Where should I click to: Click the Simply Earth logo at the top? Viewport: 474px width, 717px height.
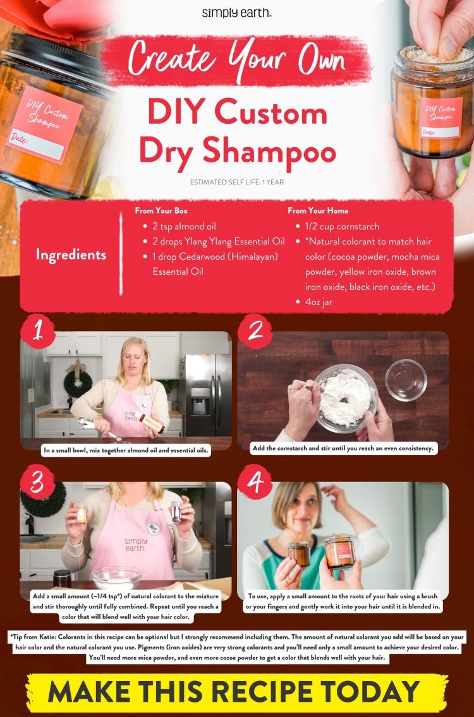[x=236, y=13]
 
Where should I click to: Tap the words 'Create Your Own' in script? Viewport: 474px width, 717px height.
[x=236, y=61]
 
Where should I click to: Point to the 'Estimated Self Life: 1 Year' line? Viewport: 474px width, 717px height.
[x=236, y=183]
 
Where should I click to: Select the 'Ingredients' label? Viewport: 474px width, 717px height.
[x=71, y=255]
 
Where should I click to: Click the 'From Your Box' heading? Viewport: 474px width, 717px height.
[x=161, y=210]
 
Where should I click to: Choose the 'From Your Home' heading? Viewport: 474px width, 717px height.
[x=318, y=210]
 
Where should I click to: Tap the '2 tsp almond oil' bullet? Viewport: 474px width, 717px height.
[x=181, y=226]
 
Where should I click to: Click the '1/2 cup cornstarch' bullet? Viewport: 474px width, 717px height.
[x=342, y=226]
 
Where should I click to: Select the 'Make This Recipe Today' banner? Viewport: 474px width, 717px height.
[x=236, y=692]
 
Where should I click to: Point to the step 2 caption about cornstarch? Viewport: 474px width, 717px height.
[x=343, y=448]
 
